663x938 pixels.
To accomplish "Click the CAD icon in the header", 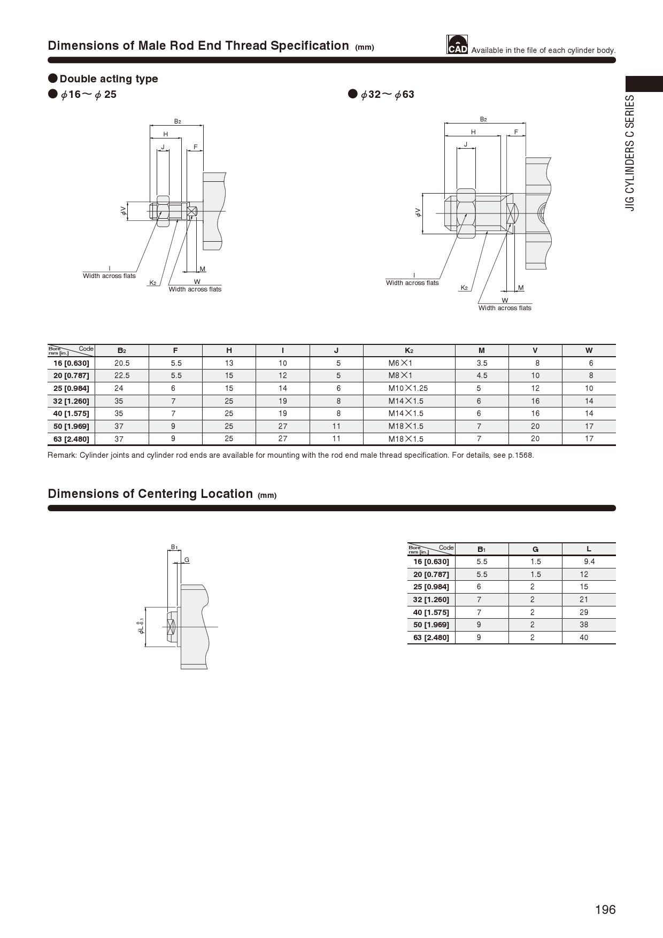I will coord(457,45).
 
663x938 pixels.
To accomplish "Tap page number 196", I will coord(605,909).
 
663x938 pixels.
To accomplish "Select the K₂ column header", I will coord(408,350).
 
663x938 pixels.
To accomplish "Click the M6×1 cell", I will coord(400,363).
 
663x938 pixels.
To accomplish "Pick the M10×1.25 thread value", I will coord(408,388).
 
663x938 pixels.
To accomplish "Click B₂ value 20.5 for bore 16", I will coord(122,363).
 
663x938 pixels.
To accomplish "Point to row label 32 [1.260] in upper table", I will coord(71,401).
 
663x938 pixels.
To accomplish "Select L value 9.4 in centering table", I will coord(589,562).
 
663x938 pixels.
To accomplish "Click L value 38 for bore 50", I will coord(584,625).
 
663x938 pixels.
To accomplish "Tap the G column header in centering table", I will coord(535,549).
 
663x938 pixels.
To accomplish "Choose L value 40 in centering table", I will coord(584,637).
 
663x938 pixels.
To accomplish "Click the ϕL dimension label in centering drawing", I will coord(141,626).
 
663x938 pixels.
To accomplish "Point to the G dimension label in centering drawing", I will coord(187,560).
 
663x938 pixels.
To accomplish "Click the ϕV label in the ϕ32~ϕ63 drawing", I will coord(418,213).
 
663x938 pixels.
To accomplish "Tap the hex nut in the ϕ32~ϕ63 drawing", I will coord(466,213).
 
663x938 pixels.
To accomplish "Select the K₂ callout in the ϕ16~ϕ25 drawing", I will coord(153,283).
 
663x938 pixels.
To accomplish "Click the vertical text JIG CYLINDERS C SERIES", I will coord(631,153).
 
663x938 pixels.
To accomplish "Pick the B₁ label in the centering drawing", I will coord(174,547).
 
